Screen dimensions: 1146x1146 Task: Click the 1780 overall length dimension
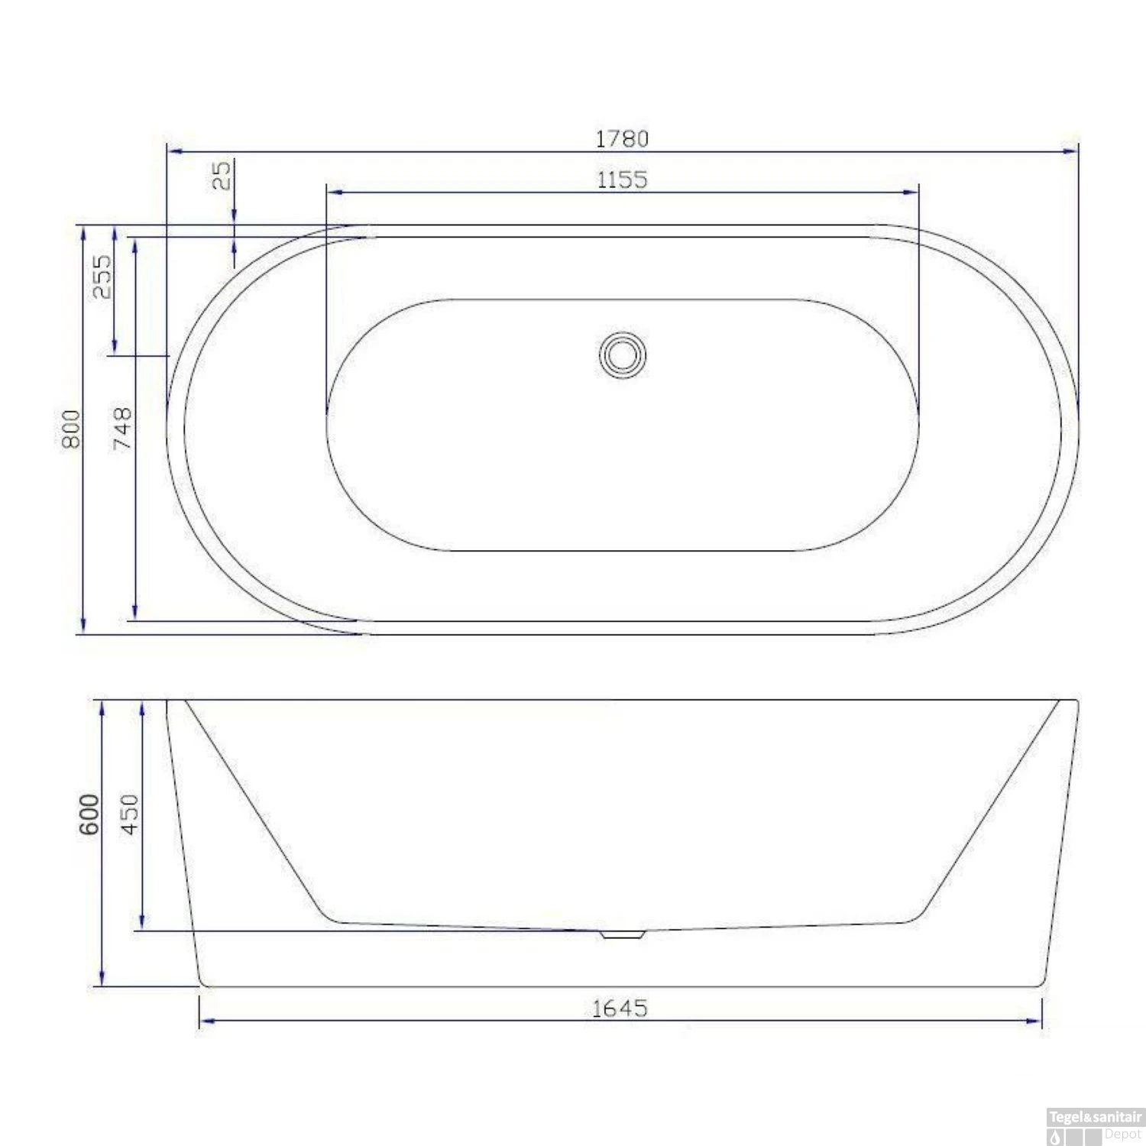coord(622,138)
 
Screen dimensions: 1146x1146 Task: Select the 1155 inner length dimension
coord(622,180)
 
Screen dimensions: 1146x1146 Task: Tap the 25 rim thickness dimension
coord(221,175)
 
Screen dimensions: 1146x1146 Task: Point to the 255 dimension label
coord(102,277)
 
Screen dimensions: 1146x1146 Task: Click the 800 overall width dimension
coord(70,429)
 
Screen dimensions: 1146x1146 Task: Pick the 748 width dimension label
coord(122,429)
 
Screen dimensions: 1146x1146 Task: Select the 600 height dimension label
coord(89,814)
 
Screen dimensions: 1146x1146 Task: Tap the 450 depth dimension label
coord(130,814)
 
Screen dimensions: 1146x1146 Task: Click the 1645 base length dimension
coord(620,1008)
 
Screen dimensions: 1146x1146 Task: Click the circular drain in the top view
coord(622,355)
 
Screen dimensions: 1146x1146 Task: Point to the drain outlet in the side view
coord(622,934)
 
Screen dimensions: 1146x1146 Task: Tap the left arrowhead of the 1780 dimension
coord(174,151)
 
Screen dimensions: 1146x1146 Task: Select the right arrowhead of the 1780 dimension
coord(1071,151)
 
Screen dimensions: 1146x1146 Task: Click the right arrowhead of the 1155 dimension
coord(911,192)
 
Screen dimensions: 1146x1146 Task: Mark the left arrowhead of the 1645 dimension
coord(206,1021)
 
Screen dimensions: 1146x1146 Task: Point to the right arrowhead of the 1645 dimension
coord(1035,1021)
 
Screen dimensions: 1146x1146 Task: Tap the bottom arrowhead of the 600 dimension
coord(102,979)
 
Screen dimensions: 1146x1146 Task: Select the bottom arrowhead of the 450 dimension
coord(142,922)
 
